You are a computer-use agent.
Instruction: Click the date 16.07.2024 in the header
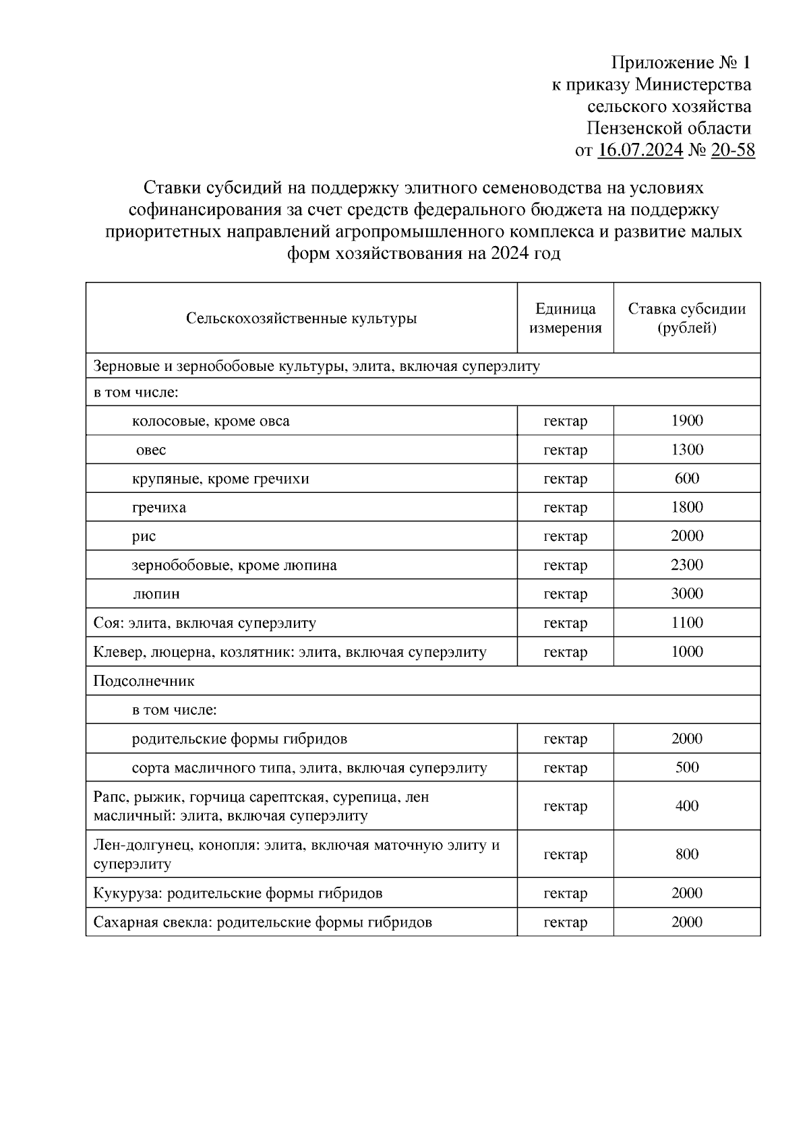[640, 150]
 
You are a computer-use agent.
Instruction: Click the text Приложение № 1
[680, 63]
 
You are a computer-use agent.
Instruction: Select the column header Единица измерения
[565, 318]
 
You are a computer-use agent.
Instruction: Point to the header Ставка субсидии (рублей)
[686, 318]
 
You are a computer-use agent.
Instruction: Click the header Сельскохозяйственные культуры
[301, 318]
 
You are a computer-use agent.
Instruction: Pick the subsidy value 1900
[686, 421]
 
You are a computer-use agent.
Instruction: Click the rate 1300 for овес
[686, 450]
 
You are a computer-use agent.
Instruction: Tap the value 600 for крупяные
[686, 479]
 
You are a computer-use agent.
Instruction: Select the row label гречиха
[159, 507]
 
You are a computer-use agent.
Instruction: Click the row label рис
[144, 536]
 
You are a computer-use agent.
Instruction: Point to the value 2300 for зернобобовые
[686, 565]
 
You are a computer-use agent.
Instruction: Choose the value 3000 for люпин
[686, 594]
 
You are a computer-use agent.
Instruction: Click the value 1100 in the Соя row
[686, 623]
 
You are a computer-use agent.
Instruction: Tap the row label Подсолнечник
[144, 681]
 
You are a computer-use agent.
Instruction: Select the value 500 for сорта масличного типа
[686, 767]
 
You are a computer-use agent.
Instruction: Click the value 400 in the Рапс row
[686, 806]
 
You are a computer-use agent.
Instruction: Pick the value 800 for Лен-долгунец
[686, 854]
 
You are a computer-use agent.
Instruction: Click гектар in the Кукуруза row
[565, 893]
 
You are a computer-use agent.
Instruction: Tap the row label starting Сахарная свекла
[262, 922]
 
